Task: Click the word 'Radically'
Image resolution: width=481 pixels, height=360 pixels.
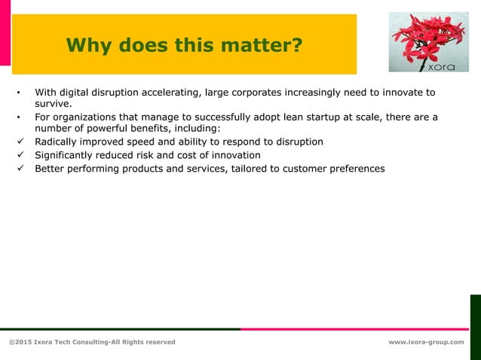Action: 57,142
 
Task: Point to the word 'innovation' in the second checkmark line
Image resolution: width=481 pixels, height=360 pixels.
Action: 234,155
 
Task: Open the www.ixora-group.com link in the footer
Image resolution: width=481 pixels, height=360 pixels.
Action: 426,342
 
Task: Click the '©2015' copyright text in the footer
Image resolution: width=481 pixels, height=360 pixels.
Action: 20,342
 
